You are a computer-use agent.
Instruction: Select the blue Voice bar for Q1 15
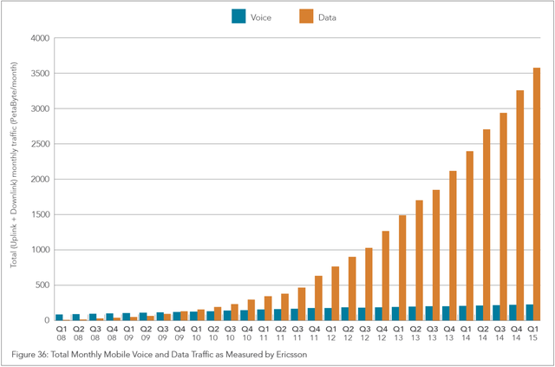[528, 312]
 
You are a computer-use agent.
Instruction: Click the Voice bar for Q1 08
[59, 318]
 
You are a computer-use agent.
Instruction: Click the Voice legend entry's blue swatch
[238, 16]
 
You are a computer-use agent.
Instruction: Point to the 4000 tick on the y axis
[38, 38]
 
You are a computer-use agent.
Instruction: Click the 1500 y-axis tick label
[38, 215]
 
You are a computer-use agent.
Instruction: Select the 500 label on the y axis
[41, 285]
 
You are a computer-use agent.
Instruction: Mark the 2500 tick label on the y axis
[38, 144]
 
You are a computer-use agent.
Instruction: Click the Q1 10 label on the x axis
[197, 334]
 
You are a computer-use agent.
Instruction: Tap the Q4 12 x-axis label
[381, 334]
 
